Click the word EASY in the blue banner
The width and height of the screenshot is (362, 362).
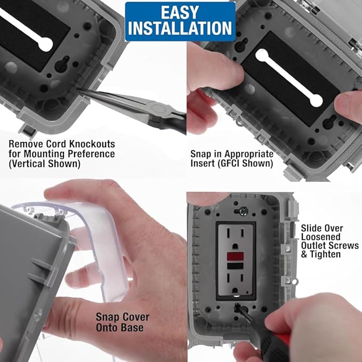click(x=180, y=12)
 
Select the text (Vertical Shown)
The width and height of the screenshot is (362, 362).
click(x=44, y=164)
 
